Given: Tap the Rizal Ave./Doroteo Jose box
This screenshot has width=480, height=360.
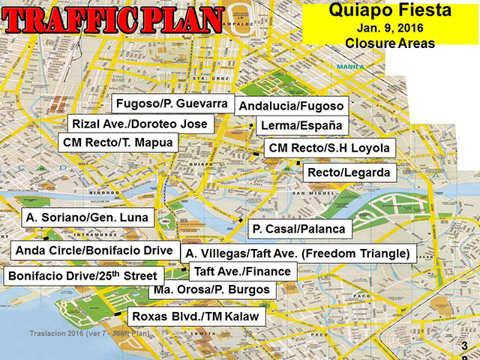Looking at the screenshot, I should (x=140, y=123).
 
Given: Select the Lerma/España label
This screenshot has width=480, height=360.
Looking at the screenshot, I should (x=299, y=125).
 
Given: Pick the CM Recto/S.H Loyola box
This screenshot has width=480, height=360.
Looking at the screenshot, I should (x=329, y=148).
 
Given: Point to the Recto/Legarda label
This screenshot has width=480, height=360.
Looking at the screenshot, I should (x=349, y=173).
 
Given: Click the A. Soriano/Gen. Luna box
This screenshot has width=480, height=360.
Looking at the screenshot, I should (x=88, y=218).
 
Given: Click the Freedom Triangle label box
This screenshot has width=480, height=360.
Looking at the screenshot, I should (x=298, y=253).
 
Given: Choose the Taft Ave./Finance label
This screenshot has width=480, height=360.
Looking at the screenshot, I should (x=242, y=271).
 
